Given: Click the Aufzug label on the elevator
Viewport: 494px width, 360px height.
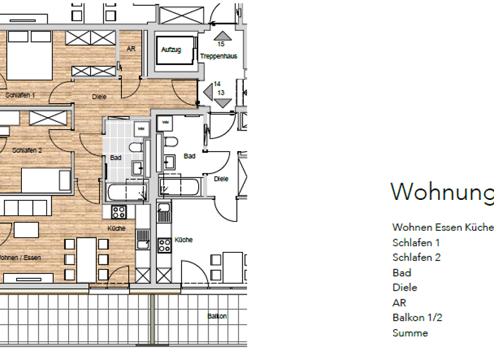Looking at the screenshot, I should click(x=171, y=50).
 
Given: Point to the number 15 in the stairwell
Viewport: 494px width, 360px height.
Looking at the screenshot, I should click(x=221, y=44).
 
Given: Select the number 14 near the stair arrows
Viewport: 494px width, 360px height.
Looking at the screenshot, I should click(x=217, y=84).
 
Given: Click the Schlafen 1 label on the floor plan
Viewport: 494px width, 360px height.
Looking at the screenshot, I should click(x=20, y=95).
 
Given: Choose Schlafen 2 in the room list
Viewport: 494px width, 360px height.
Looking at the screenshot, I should click(x=416, y=258).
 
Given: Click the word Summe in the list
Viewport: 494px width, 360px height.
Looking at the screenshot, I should click(x=410, y=333).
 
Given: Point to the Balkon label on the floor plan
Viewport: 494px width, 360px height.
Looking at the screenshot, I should click(x=217, y=316).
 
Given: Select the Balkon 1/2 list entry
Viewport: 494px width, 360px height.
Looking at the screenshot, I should click(x=417, y=318).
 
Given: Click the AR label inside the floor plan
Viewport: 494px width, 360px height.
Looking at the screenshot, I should click(x=131, y=49).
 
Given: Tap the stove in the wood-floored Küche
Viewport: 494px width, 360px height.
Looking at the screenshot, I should click(x=119, y=212).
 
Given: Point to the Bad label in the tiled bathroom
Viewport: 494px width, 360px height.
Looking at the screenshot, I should click(x=116, y=157).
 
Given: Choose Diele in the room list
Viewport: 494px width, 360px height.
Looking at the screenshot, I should click(x=405, y=287).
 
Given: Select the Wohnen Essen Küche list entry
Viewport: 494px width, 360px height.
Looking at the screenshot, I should click(x=443, y=228).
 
